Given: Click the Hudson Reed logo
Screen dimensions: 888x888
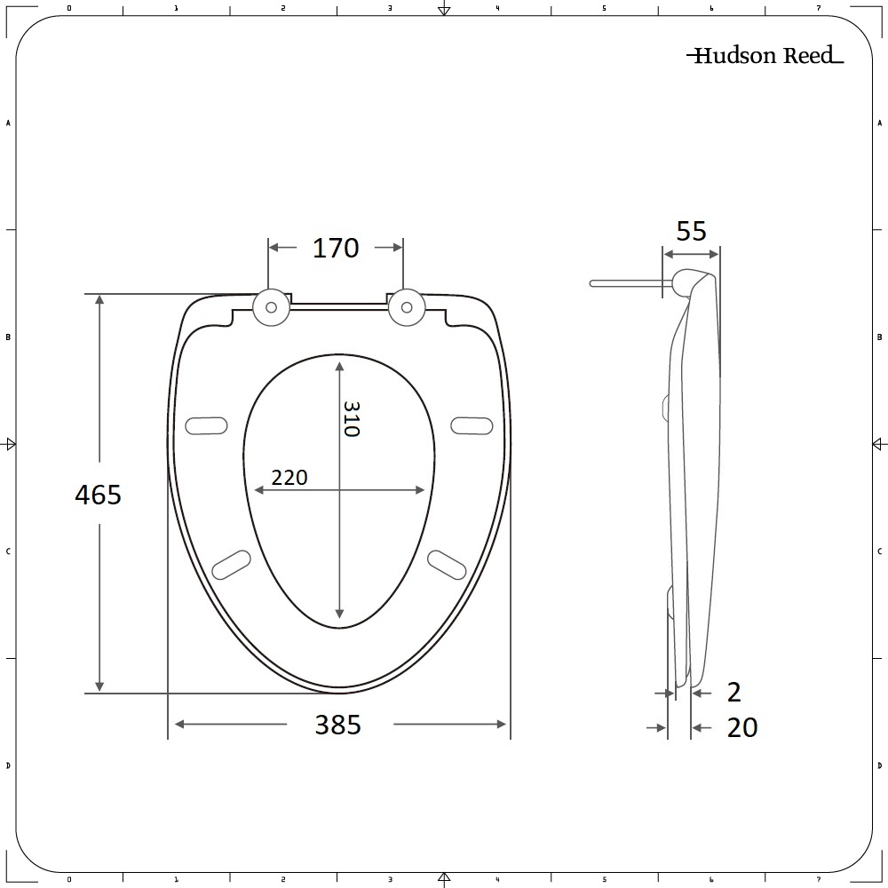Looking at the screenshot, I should pos(765,56).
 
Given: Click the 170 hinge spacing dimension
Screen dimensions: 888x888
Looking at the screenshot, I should pos(336,248).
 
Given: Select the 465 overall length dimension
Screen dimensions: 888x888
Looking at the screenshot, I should pos(98,495).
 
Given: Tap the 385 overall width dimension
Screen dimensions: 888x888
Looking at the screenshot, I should pos(338,725).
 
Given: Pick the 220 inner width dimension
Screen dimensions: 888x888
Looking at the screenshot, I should pos(289,478).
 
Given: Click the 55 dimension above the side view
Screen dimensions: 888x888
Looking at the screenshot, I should pos(691,231).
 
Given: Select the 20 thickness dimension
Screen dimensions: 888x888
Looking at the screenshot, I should pos(742,728).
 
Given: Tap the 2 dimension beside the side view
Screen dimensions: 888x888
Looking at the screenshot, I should pos(733,691).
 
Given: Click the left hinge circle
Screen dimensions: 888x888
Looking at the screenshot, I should pos(271,306).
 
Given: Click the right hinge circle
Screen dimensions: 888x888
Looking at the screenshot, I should pos(406,306).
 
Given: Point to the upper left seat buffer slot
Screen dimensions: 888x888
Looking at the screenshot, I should pos(205,425).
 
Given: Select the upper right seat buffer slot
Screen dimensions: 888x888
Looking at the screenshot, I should pos(472,425).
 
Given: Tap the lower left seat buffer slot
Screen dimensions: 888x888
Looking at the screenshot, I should pos(231,564).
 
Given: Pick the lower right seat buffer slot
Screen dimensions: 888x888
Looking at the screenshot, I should pos(447,564).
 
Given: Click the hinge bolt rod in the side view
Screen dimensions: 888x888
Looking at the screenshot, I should pos(629,283).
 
